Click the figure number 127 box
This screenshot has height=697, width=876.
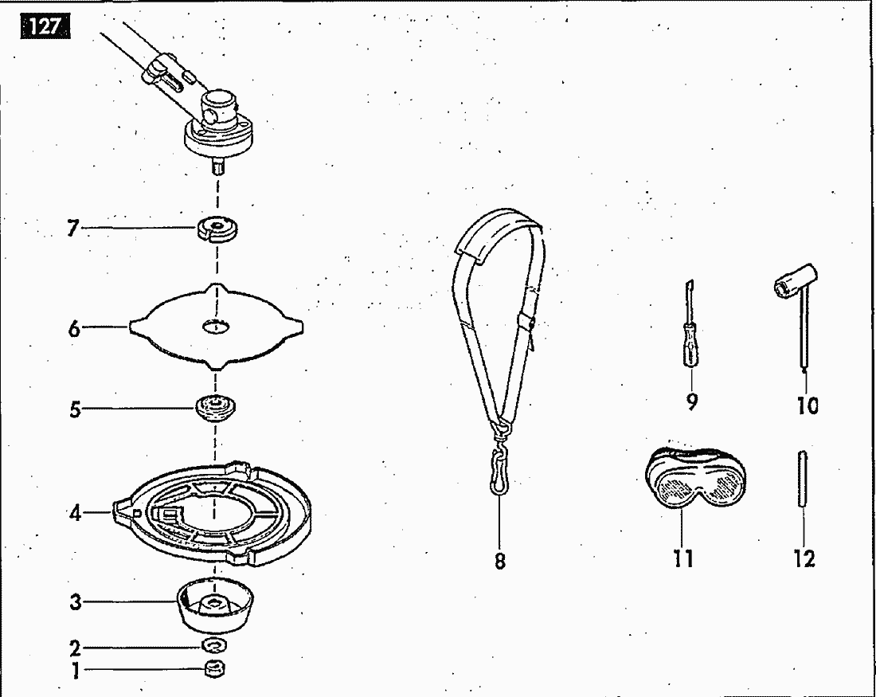[x=45, y=26]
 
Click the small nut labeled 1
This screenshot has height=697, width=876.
[x=214, y=668]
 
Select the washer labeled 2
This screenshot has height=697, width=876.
[x=214, y=645]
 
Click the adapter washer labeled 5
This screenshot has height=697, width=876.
[x=216, y=409]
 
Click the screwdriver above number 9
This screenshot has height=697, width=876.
[x=690, y=325]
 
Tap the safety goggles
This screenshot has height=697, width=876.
[x=695, y=478]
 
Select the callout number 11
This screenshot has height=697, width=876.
[x=683, y=558]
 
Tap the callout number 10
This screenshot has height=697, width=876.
[x=808, y=405]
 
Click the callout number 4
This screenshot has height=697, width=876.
[x=76, y=512]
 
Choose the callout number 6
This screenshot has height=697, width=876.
[x=74, y=329]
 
